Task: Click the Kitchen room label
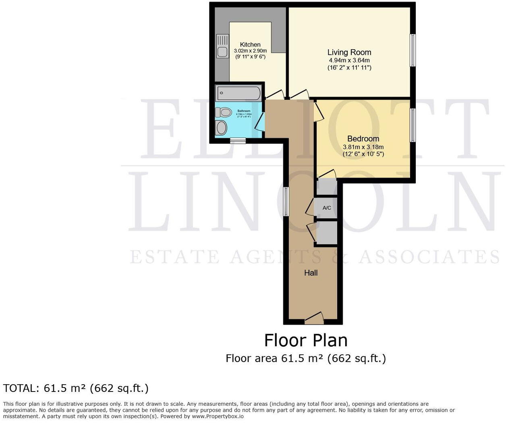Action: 250,44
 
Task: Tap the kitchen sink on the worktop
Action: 222,46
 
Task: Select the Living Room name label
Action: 349,52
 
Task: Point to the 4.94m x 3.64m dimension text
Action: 349,60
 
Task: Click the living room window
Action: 413,50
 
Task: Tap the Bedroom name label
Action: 363,139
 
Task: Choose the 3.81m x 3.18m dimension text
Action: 363,147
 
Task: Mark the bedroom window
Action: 413,125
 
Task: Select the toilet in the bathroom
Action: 223,112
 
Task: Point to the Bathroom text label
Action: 244,111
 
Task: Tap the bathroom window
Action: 238,141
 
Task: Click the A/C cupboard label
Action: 327,208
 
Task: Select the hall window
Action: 286,201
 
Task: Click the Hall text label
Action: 311,273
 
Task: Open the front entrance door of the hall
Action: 314,319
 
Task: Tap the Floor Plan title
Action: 306,340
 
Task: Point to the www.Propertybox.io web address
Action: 218,416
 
